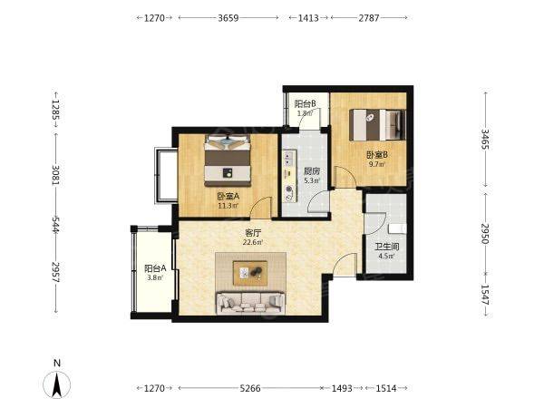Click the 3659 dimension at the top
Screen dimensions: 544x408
[x=228, y=18]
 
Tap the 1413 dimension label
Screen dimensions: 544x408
[x=308, y=18]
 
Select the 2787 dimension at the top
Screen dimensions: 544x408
[x=369, y=18]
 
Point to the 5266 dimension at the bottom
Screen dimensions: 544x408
[x=250, y=388]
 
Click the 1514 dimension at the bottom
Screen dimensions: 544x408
[x=386, y=388]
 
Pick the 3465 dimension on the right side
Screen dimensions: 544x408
[x=485, y=139]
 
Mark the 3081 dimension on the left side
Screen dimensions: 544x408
[x=56, y=174]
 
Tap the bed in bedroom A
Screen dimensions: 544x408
[x=228, y=160]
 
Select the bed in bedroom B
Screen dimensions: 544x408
[x=377, y=125]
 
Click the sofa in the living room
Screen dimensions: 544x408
[x=250, y=303]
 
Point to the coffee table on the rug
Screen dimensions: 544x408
[x=250, y=273]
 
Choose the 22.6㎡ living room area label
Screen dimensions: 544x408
[x=253, y=242]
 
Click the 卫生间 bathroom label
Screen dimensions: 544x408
[x=386, y=247]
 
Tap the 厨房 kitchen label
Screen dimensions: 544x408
[x=311, y=171]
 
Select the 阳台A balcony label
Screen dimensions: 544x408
[x=155, y=268]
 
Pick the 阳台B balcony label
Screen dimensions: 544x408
[x=305, y=103]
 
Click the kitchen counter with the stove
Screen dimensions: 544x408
[x=290, y=176]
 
